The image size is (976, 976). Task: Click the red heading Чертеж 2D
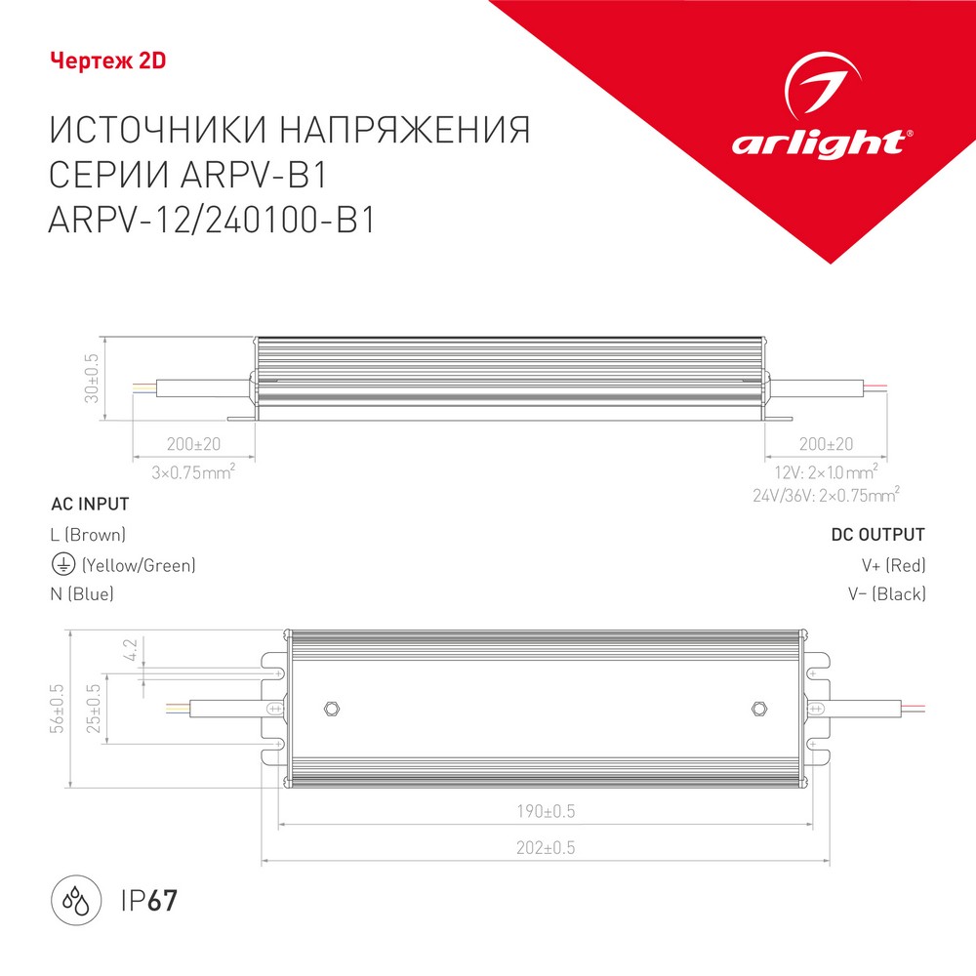tap(107, 61)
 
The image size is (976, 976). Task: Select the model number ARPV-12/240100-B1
tap(212, 223)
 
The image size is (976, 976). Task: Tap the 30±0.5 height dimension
tap(94, 379)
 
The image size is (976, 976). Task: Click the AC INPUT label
tap(90, 505)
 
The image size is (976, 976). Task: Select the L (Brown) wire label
tap(88, 535)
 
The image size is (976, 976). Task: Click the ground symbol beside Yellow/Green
tap(61, 564)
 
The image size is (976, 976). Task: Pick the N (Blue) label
tap(82, 593)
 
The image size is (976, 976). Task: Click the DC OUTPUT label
tap(877, 535)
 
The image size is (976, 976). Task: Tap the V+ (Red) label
tap(893, 564)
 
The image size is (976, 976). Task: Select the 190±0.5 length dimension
tap(546, 811)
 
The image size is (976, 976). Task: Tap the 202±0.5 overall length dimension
tap(546, 848)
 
